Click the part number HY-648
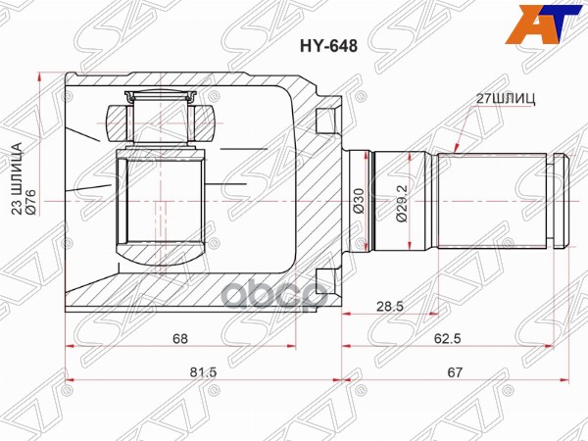328,46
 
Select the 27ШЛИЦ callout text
506,98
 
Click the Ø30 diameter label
359,201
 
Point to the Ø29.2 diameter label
402,202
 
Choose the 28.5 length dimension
390,306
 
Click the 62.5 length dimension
447,339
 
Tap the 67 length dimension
455,372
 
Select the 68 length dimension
180,339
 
